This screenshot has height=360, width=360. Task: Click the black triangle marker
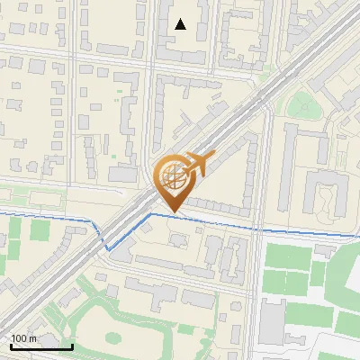[181, 24]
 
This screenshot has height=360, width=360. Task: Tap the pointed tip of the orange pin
[172, 213]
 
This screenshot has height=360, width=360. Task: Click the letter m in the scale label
[33, 338]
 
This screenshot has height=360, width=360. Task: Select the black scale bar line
[41, 346]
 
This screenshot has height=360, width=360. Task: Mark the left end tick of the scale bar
[11, 345]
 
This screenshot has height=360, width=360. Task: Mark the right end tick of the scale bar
[72, 345]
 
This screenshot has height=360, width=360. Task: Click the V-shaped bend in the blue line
[107, 247]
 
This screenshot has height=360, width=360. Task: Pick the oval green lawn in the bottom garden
[112, 338]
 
